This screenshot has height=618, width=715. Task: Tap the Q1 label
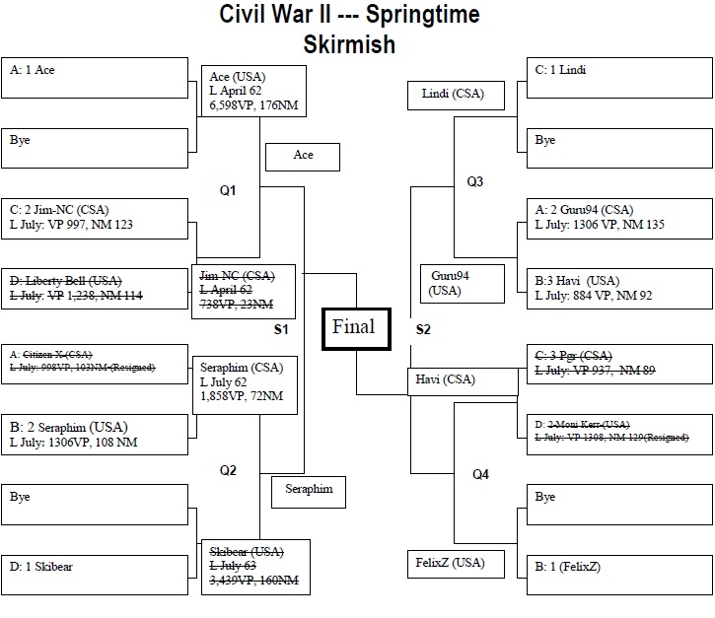[228, 189]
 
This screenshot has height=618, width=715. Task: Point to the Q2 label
[228, 470]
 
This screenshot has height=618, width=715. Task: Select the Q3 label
[475, 181]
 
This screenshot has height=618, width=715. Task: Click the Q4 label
[480, 475]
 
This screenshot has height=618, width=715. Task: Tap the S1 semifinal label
[281, 328]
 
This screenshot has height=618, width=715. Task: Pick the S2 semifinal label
[423, 328]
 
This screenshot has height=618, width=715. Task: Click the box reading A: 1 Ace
[95, 77]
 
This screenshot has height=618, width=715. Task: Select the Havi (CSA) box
[462, 381]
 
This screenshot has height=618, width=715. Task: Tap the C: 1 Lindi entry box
[618, 77]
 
